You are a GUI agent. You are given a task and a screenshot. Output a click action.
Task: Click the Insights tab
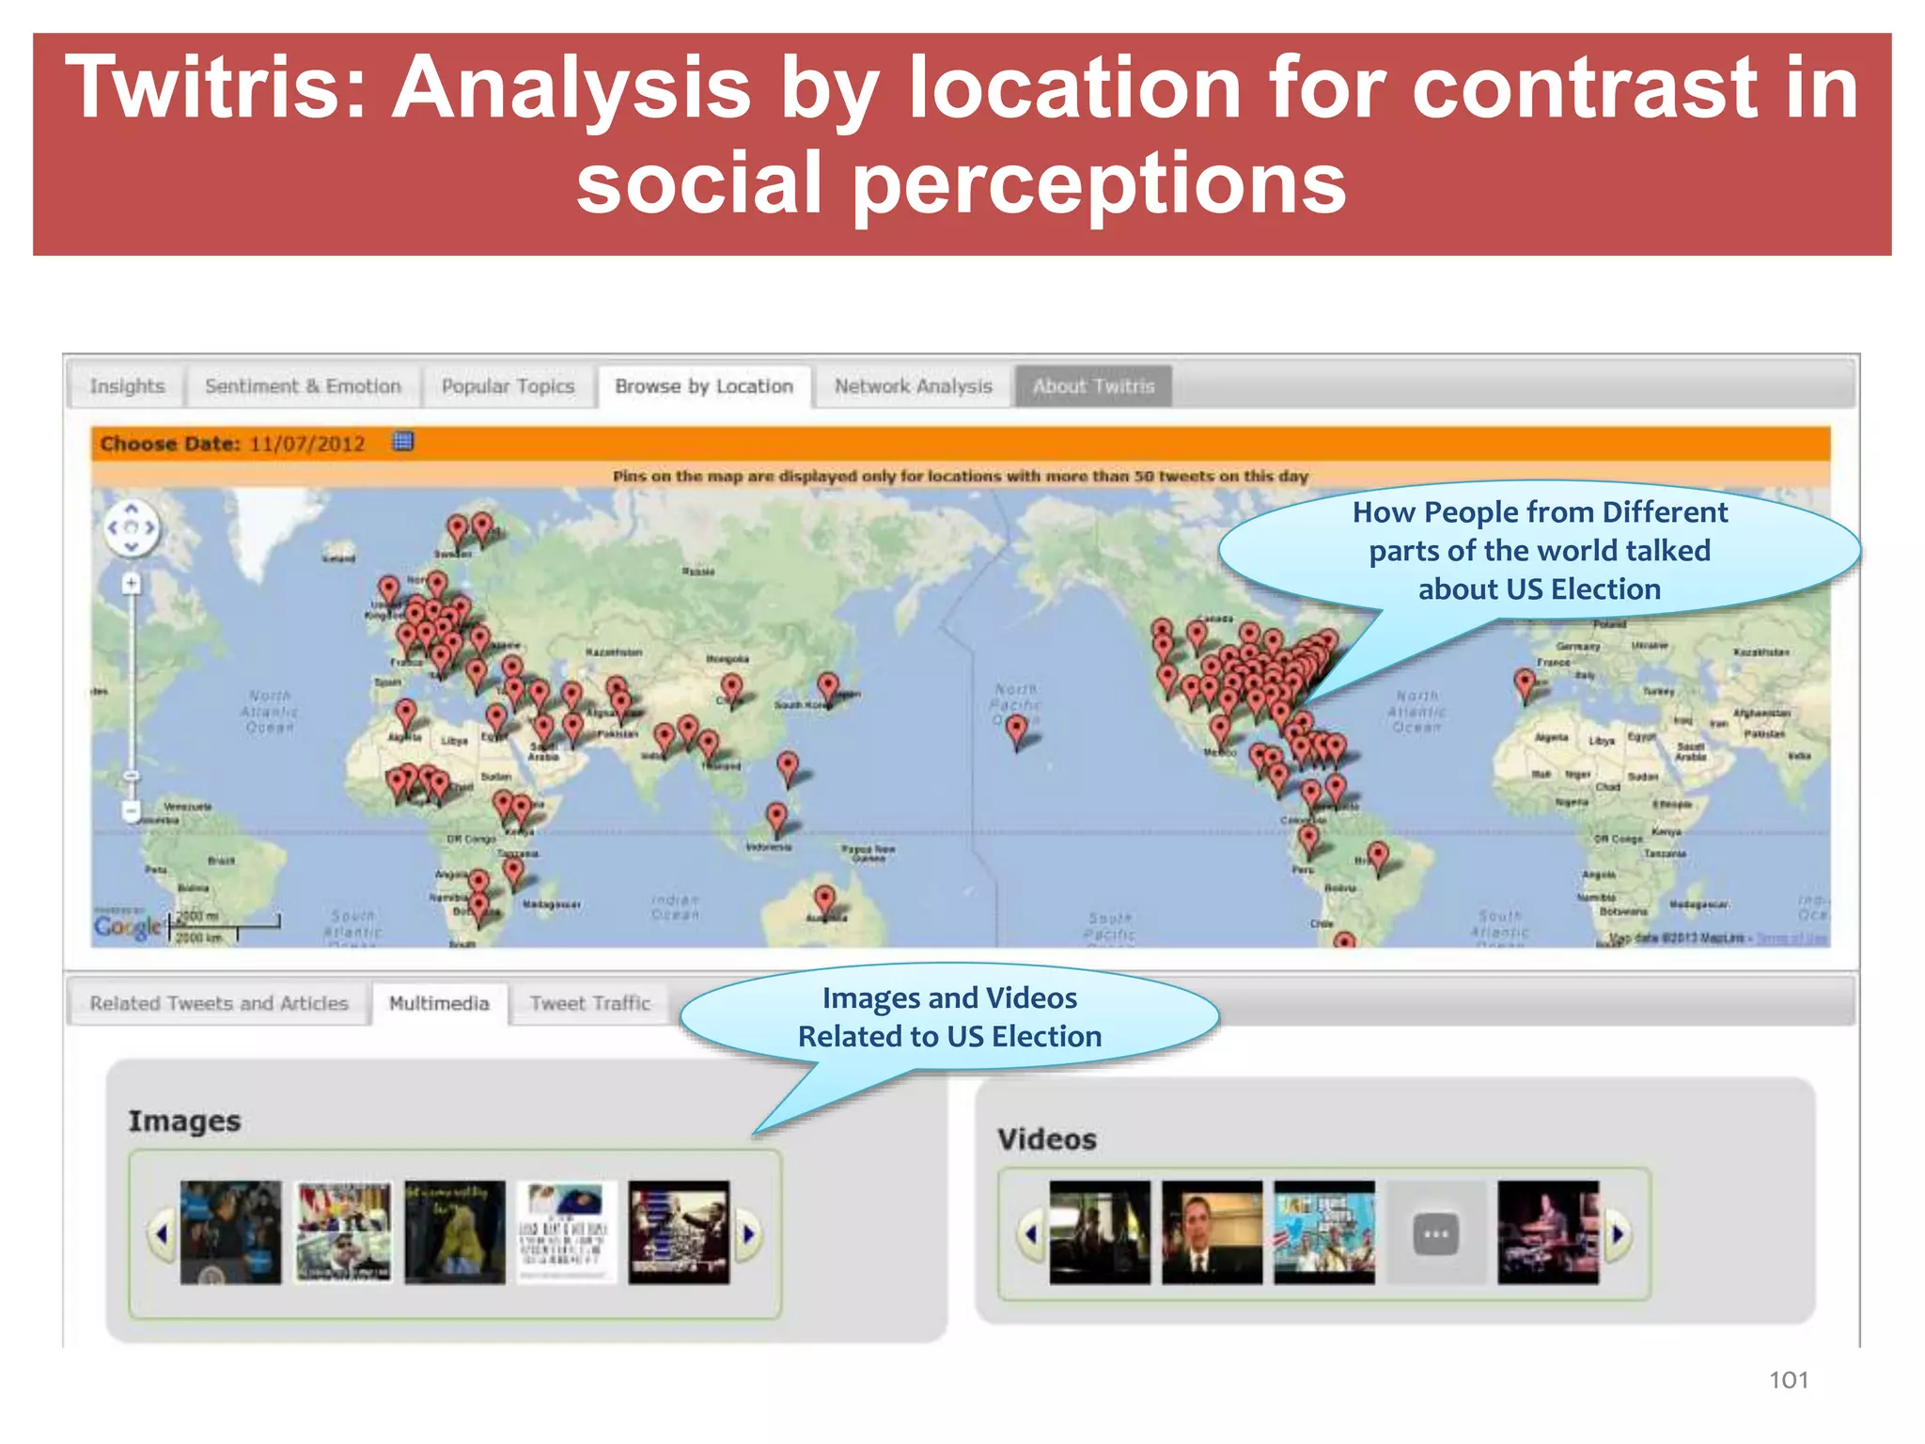pos(127,386)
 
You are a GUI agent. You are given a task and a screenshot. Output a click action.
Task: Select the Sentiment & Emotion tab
pos(303,386)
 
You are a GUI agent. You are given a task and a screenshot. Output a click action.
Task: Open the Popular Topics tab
pos(508,386)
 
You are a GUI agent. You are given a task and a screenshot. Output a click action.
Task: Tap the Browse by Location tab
pos(704,386)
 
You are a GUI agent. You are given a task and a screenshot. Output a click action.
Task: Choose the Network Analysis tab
pos(913,386)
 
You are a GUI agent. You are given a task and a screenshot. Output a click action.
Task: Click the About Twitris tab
pos(1093,386)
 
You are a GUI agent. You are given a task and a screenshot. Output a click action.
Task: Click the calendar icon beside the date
pos(403,442)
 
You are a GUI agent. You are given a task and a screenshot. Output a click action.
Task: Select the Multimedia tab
pos(439,1003)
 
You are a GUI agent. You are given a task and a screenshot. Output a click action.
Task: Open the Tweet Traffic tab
pos(589,1003)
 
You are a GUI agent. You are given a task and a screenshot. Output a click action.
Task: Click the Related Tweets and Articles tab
pos(219,1003)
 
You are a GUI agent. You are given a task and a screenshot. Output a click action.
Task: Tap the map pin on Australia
pos(824,899)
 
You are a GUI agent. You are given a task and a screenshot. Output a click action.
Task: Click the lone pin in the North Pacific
pos(1016,729)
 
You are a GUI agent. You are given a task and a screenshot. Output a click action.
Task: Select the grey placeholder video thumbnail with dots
pos(1436,1233)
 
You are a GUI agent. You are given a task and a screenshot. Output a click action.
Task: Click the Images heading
pos(184,1121)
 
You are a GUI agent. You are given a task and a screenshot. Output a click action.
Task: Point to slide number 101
pos(1788,1379)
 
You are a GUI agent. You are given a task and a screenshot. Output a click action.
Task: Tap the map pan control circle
pos(132,527)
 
